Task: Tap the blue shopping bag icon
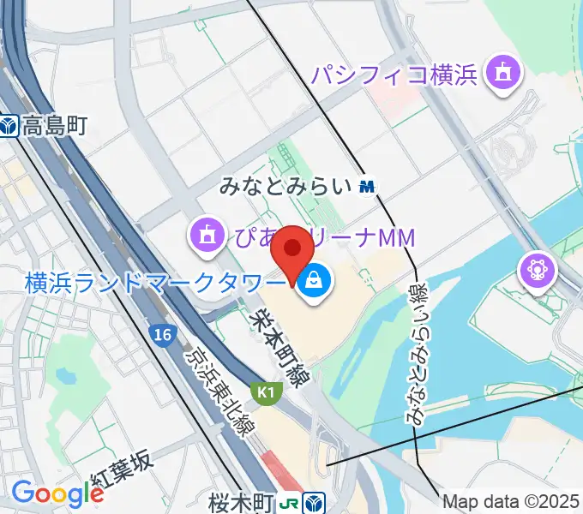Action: [313, 280]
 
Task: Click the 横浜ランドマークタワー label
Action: [154, 281]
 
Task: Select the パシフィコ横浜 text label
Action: [394, 75]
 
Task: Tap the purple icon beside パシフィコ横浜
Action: [502, 75]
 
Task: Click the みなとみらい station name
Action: [286, 185]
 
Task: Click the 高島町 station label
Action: [56, 127]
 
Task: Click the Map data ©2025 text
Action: [512, 501]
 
